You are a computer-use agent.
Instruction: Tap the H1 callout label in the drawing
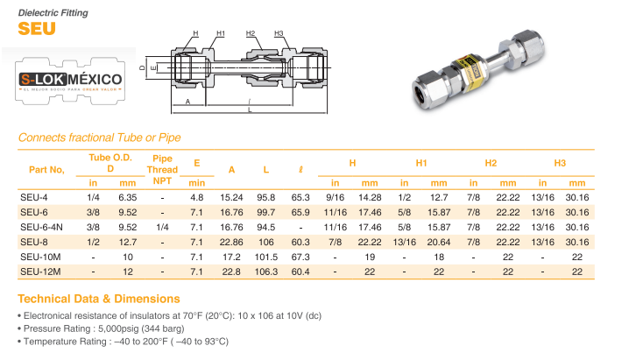click(x=220, y=33)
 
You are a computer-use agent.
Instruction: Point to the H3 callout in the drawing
click(x=279, y=33)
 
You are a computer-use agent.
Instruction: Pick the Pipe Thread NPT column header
click(x=162, y=169)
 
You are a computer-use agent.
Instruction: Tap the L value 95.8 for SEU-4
click(x=265, y=197)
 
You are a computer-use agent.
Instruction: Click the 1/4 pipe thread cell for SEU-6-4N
click(x=162, y=227)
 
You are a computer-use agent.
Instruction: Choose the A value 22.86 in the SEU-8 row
click(x=231, y=242)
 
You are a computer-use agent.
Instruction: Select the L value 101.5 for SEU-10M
click(x=265, y=257)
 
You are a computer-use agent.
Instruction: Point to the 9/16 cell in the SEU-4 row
click(x=335, y=197)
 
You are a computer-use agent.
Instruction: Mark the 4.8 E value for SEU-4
click(x=197, y=197)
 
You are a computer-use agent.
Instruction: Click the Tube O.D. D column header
click(x=110, y=162)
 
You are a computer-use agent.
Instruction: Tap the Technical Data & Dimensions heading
click(x=99, y=298)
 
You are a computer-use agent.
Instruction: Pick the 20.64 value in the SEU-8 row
click(x=439, y=242)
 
